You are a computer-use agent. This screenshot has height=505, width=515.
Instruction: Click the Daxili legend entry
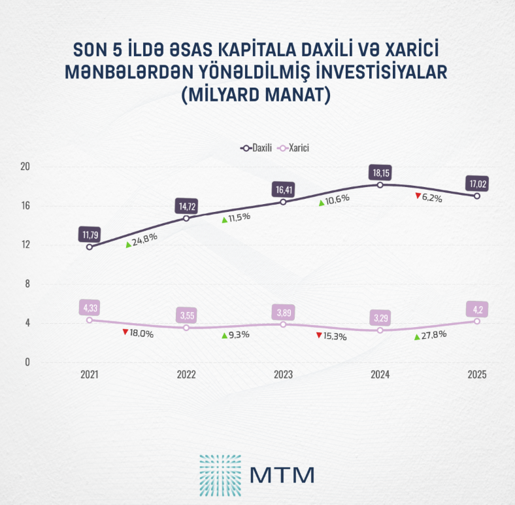coord(257,148)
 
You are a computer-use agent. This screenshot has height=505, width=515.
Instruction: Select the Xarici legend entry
coord(293,148)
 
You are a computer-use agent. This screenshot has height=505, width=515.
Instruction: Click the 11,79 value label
coord(90,234)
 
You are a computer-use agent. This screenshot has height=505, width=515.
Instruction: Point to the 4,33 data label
coord(90,307)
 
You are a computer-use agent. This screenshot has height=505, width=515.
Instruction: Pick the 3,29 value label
coord(380,319)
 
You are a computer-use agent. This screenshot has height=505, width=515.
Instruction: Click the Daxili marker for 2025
coord(477,196)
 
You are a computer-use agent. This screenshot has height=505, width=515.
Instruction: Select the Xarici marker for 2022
coord(186,327)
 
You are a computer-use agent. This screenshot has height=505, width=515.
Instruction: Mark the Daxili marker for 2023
coord(283,202)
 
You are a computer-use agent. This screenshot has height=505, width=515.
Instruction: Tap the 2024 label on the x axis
coord(380,375)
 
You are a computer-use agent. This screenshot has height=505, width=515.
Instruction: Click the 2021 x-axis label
coord(90,375)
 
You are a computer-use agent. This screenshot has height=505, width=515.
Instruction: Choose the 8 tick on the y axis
coord(27,284)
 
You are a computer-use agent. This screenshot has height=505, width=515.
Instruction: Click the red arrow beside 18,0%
coord(125,332)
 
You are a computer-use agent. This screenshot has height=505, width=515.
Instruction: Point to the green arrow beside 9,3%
coord(224,335)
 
